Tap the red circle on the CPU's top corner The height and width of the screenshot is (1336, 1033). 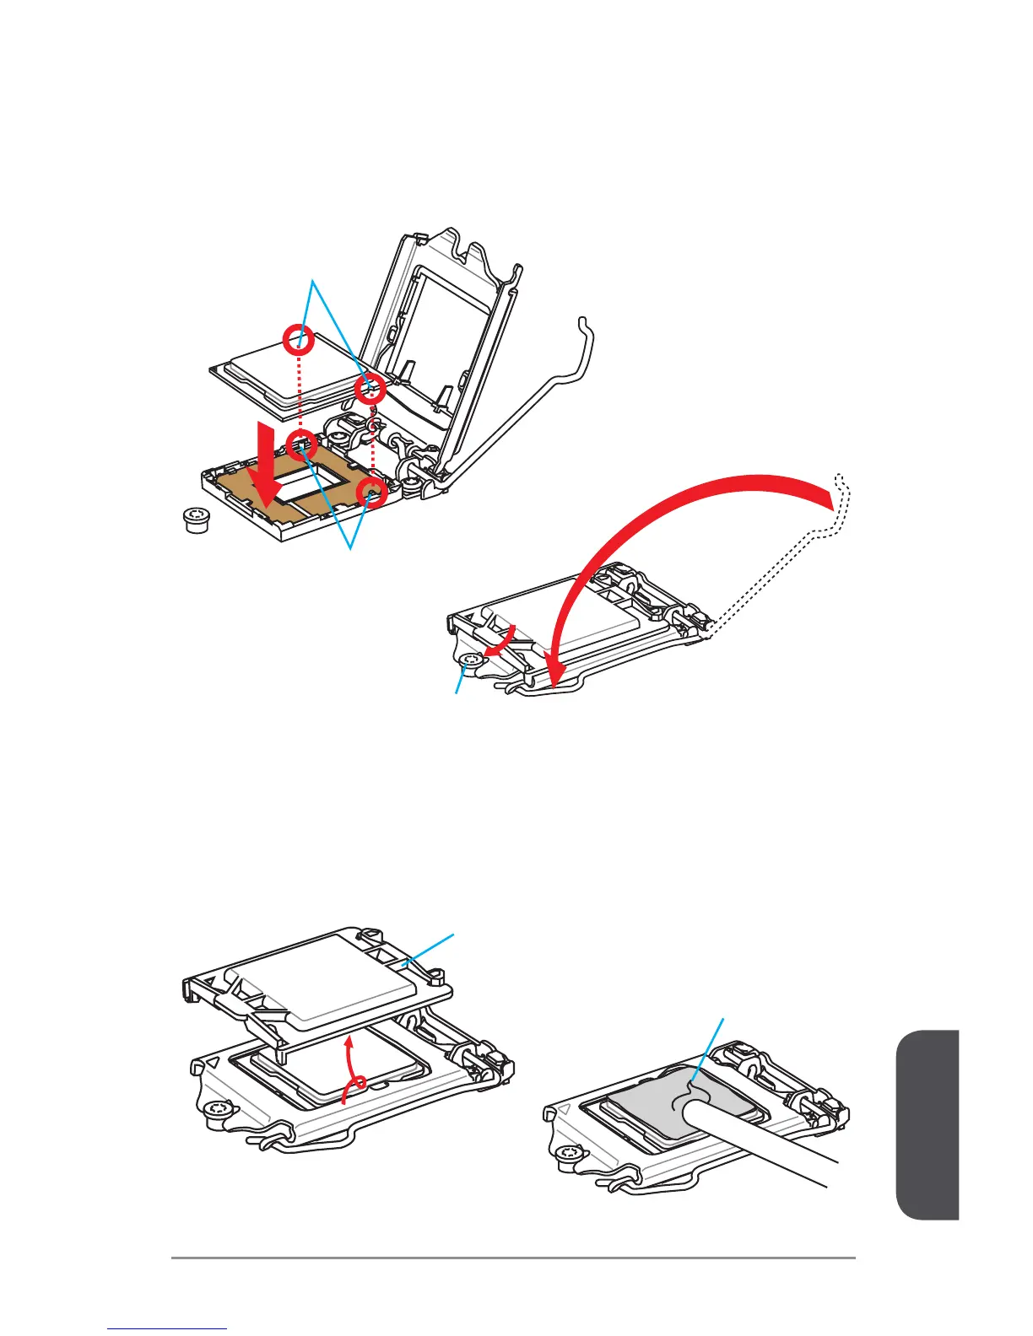coord(299,341)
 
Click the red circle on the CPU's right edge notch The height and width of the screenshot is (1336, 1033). coord(369,390)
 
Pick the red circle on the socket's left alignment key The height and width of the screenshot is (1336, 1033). coord(301,444)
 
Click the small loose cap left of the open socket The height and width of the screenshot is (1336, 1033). coord(196,520)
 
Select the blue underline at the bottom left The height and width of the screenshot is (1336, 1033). coord(167,1329)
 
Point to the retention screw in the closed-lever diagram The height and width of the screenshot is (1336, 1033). coord(470,660)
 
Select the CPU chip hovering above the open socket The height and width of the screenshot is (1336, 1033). coord(279,375)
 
